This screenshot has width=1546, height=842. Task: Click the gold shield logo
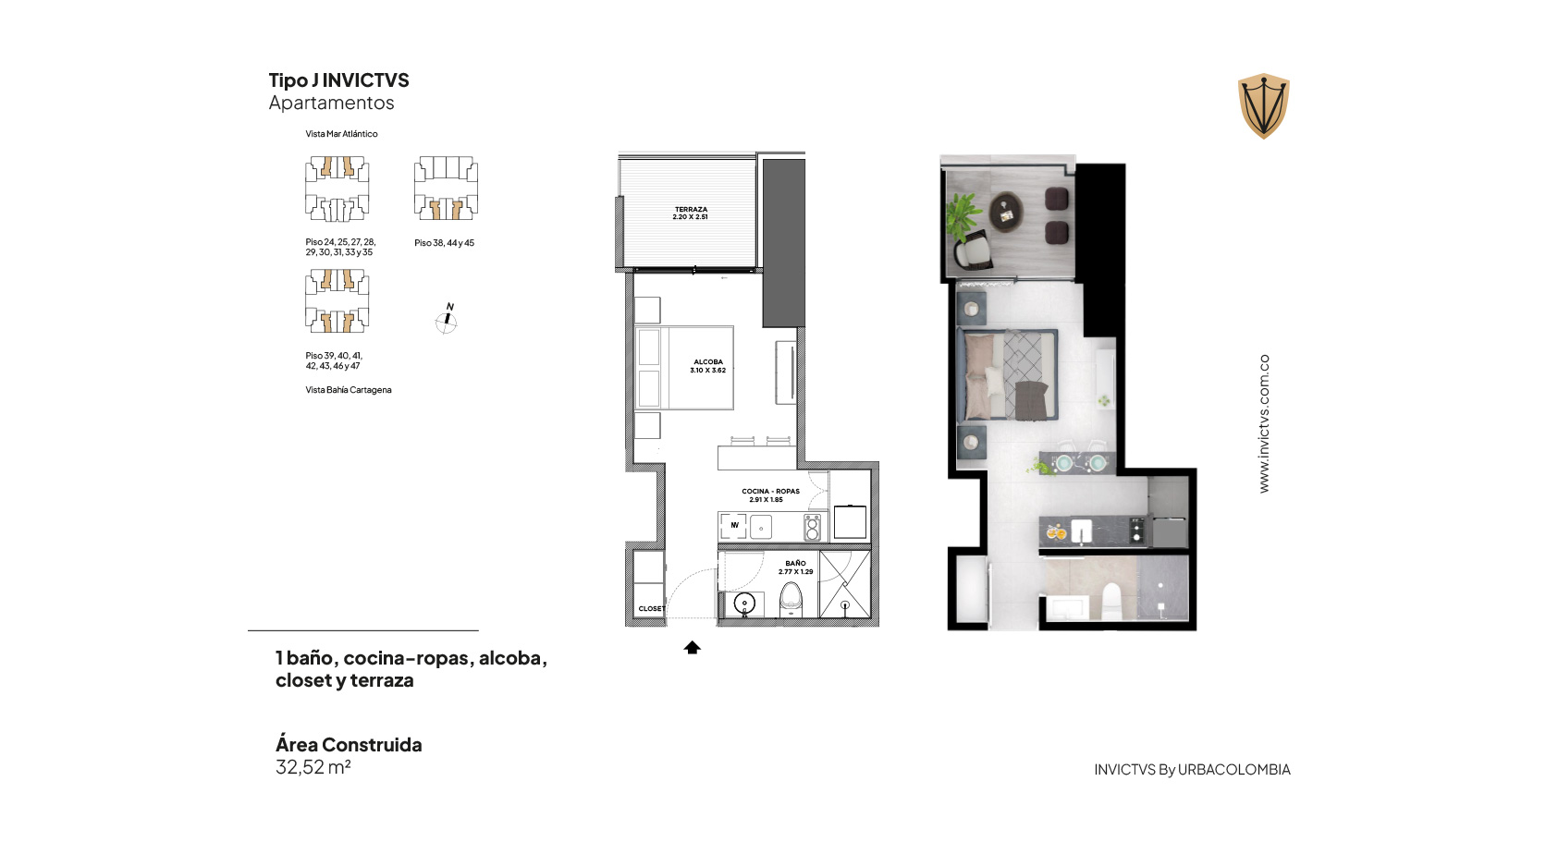click(1264, 105)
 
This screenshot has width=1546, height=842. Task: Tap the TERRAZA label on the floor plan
click(691, 209)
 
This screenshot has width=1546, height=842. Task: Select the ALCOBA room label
click(708, 361)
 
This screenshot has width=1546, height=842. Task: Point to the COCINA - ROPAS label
click(770, 492)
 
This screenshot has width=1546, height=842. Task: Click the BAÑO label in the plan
click(795, 563)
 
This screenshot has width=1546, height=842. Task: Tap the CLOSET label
click(652, 609)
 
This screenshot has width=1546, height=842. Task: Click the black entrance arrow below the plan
click(693, 647)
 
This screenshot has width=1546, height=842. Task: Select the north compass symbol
click(447, 320)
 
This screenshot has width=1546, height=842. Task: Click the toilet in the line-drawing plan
click(791, 599)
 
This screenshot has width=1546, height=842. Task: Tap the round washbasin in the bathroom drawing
click(744, 604)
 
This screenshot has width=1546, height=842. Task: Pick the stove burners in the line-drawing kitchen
click(812, 527)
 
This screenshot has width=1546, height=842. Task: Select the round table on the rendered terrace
click(1006, 211)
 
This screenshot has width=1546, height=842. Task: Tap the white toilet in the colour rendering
click(1111, 602)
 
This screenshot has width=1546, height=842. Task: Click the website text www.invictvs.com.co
click(1264, 423)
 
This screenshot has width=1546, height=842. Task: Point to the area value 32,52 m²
click(313, 767)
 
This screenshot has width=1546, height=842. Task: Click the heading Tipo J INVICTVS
click(338, 80)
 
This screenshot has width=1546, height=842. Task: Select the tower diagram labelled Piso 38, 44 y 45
click(446, 188)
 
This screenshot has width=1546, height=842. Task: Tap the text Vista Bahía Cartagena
click(349, 390)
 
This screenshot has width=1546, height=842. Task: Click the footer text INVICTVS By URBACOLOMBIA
click(1192, 770)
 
